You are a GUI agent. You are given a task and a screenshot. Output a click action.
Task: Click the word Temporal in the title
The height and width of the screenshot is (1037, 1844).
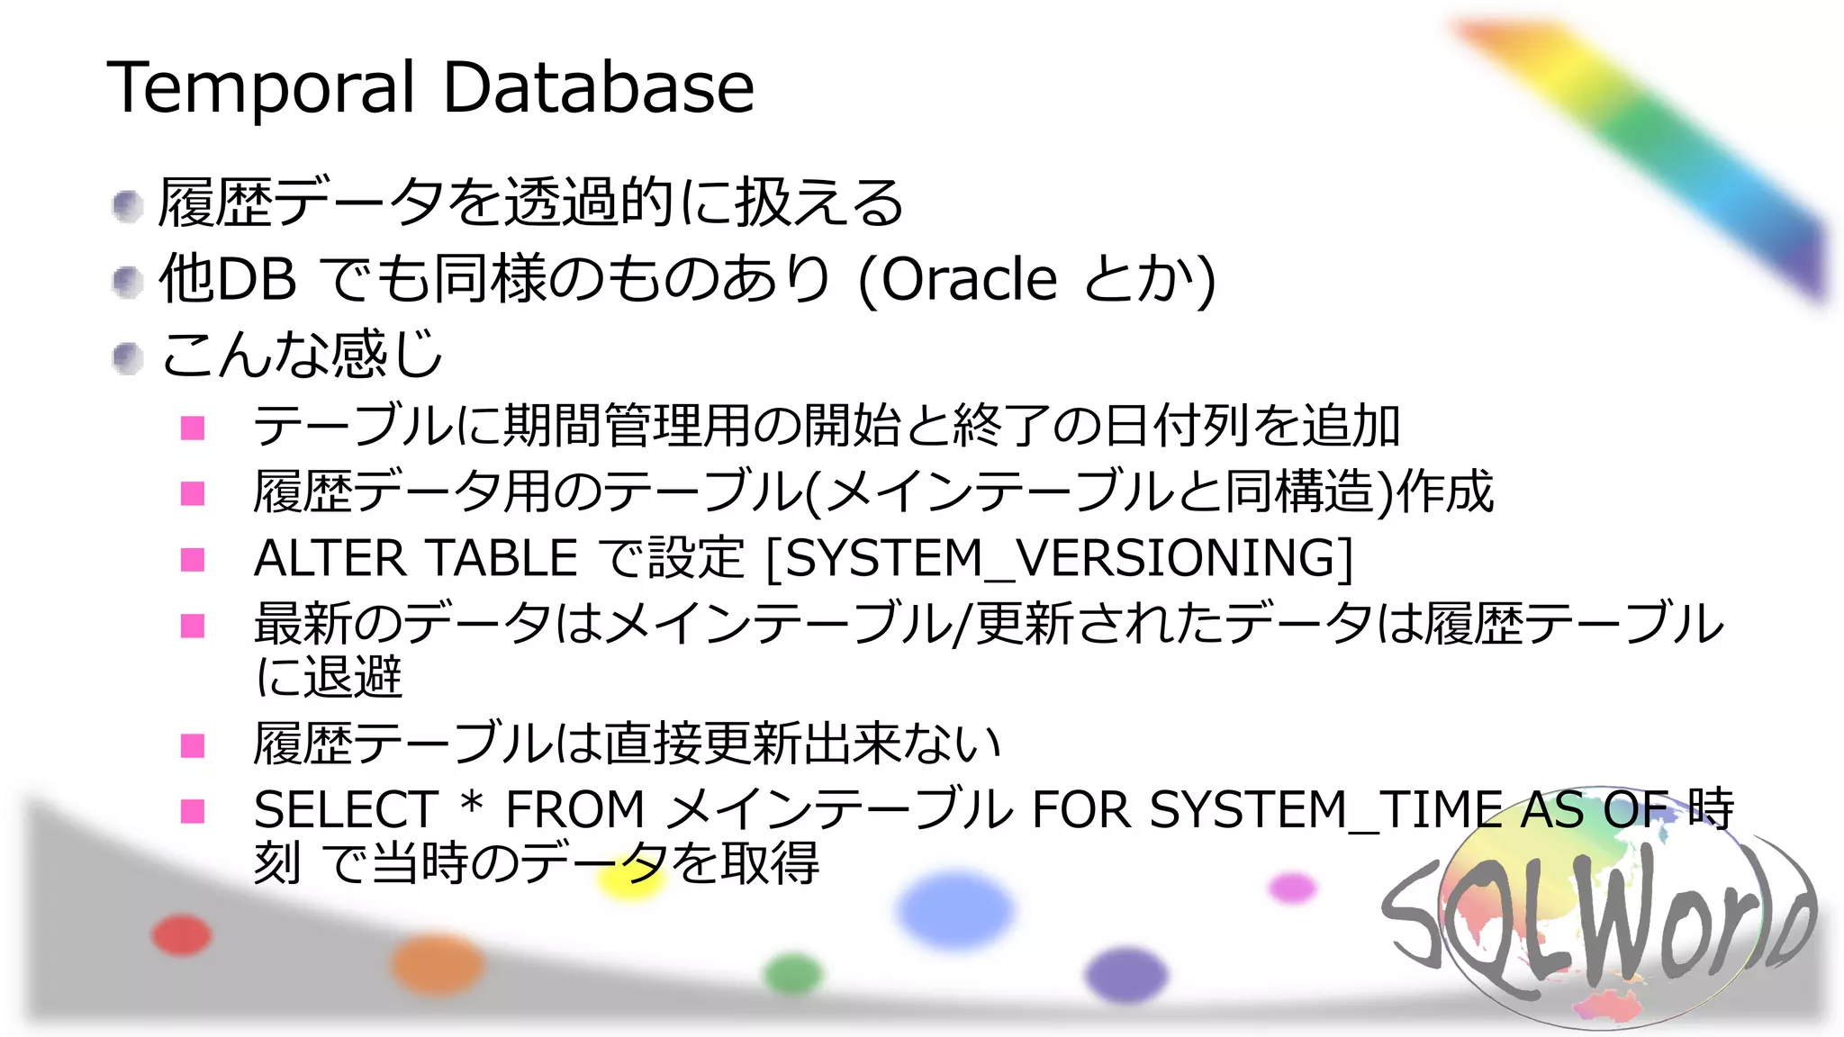(x=261, y=88)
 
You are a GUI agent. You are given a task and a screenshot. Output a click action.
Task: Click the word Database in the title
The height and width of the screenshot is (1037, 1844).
(x=599, y=88)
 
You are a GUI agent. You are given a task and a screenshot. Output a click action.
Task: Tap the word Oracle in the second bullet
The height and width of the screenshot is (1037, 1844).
(x=968, y=279)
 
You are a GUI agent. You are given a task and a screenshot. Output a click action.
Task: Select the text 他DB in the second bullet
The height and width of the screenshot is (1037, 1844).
(x=227, y=279)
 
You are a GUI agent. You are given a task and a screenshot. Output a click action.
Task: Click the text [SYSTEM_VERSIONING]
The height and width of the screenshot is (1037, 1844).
(x=1059, y=559)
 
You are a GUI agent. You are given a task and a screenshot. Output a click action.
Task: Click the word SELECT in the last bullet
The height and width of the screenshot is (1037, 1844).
(x=346, y=809)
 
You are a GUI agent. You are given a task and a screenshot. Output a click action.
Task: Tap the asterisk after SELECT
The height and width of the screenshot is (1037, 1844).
(x=472, y=804)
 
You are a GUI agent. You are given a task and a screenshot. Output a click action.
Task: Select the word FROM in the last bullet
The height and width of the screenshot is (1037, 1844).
(x=575, y=809)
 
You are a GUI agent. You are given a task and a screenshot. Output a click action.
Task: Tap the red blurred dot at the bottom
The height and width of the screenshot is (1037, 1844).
(x=182, y=935)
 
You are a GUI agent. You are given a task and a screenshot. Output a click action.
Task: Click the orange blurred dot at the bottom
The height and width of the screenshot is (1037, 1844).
(x=438, y=964)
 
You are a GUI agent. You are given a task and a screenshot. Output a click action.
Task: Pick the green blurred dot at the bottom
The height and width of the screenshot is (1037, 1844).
(x=793, y=974)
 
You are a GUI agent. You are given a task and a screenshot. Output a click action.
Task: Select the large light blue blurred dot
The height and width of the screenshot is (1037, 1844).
(x=955, y=909)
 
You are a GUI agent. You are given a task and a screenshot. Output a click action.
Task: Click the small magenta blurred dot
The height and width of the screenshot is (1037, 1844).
(x=1292, y=888)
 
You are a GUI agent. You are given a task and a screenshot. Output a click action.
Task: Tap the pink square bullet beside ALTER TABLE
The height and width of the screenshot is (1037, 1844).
(x=193, y=560)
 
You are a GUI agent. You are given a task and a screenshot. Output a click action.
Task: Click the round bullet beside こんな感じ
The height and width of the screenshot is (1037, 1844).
(x=128, y=358)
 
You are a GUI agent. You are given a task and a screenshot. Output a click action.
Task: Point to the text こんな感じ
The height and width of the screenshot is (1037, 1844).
(x=302, y=355)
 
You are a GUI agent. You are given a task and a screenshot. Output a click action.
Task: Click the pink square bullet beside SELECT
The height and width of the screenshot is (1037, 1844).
(x=193, y=811)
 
